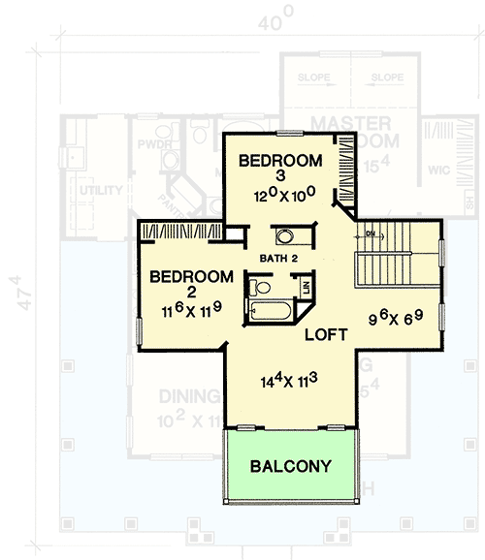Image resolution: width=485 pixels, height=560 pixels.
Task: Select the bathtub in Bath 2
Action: (268, 312)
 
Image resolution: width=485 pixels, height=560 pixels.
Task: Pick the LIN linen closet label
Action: (306, 288)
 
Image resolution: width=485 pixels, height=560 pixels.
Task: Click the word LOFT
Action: (326, 335)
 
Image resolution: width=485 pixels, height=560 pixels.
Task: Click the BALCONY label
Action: (290, 465)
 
